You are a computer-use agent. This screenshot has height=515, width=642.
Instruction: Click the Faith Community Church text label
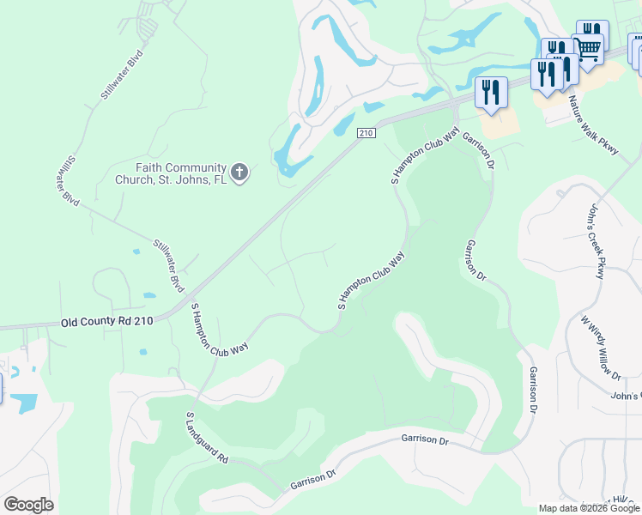[170, 173]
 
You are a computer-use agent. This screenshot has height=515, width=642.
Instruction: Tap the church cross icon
[239, 173]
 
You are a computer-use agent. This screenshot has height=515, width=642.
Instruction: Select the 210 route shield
[366, 133]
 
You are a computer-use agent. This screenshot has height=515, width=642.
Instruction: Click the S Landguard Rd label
[207, 438]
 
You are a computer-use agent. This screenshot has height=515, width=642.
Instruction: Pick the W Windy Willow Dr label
[602, 348]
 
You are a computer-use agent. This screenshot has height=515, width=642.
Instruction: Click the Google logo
[28, 505]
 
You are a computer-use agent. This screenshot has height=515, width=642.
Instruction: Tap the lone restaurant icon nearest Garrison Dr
[490, 91]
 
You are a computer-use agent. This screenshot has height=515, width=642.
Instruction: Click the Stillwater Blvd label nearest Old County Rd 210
[169, 267]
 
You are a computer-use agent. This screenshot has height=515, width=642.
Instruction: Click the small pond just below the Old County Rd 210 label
[142, 352]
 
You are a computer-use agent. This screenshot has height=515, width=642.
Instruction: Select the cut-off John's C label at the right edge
[626, 396]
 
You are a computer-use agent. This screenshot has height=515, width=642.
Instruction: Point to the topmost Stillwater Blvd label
[121, 76]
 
